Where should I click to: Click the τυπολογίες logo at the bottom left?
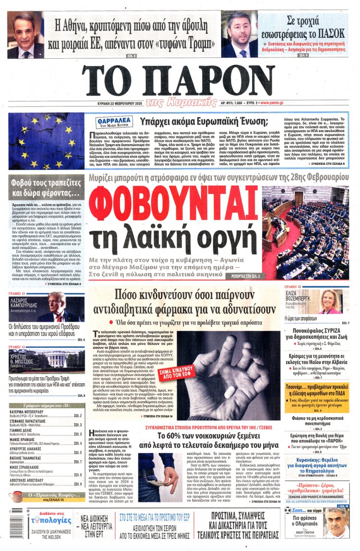coord(42,526)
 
